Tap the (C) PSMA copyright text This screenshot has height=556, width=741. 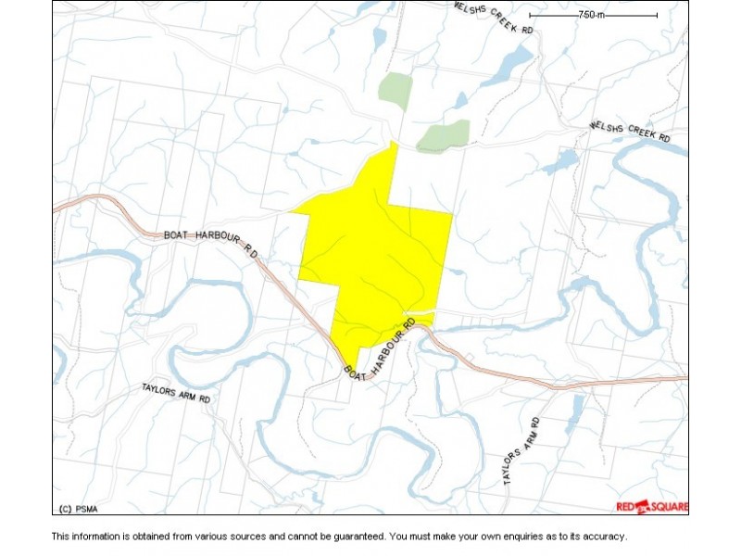click(79, 508)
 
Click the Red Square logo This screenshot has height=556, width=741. click(652, 506)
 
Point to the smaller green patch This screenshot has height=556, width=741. click(396, 90)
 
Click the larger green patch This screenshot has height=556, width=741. click(444, 135)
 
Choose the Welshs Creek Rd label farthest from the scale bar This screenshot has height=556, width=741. click(630, 132)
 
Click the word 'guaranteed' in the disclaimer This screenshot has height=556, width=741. click(351, 537)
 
